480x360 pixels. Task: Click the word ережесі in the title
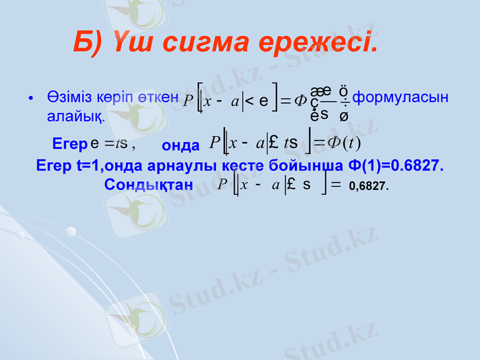pos(329,43)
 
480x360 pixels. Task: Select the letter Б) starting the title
pos(88,43)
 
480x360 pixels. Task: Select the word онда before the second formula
pos(181,146)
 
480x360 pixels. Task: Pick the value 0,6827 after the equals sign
pos(368,187)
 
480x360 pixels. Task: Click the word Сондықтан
pos(148,185)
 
